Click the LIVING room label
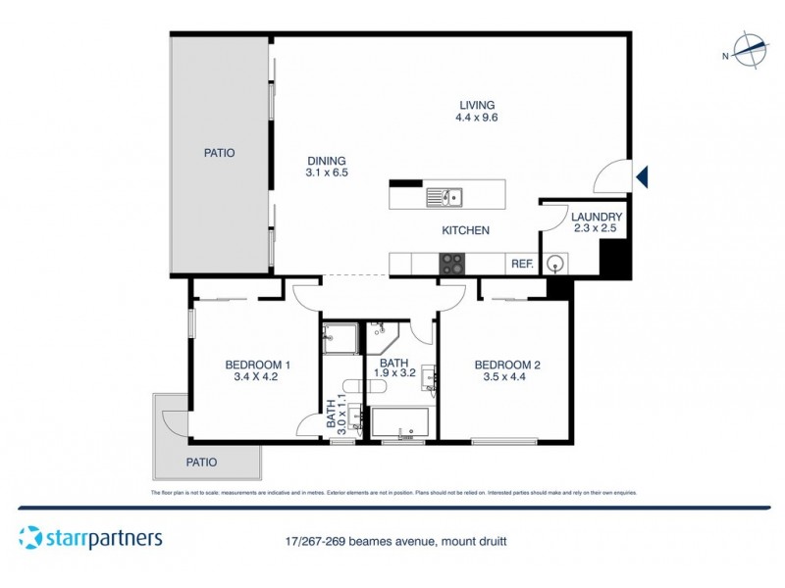point(475,111)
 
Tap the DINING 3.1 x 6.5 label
point(328,167)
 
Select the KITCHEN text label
point(465,230)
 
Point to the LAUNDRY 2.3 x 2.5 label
point(598,222)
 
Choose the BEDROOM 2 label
point(507,372)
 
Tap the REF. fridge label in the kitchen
point(522,264)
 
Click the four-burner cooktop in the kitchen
point(451,263)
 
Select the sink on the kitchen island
point(445,197)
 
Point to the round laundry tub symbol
point(556,263)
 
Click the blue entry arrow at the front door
point(642,176)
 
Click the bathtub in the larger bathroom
point(400,423)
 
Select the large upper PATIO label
point(220,153)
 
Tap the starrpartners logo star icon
point(30,538)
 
